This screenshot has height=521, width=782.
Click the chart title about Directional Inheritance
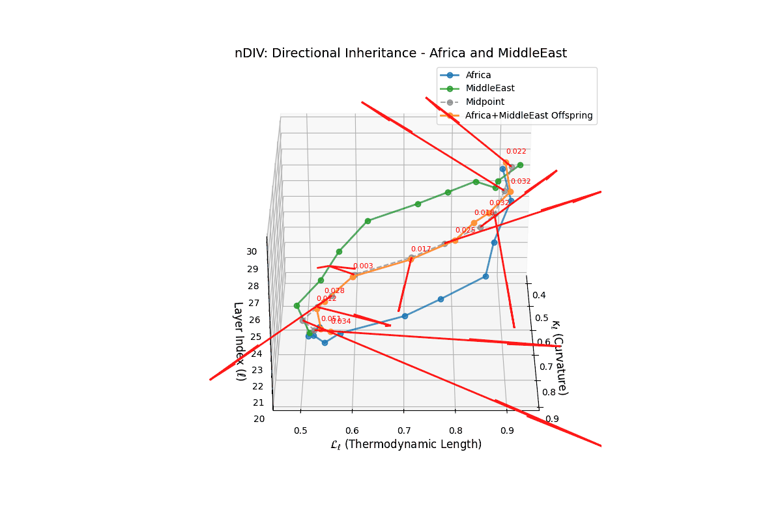(401, 53)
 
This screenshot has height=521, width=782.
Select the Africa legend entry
(478, 75)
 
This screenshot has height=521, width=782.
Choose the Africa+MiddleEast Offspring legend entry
(529, 115)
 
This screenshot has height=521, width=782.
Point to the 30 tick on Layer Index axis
(252, 252)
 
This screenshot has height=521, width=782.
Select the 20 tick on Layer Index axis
(259, 419)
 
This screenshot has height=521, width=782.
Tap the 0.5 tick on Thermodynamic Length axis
(300, 430)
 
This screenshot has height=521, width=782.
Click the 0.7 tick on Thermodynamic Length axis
(403, 430)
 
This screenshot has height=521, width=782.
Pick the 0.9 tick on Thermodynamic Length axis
(506, 430)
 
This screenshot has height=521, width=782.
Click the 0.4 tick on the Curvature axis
(539, 295)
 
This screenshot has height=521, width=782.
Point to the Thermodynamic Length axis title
(406, 445)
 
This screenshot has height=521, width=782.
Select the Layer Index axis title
(239, 341)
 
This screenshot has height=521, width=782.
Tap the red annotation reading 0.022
(516, 152)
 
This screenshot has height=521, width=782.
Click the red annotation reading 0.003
(363, 266)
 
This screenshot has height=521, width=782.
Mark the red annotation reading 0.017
(421, 249)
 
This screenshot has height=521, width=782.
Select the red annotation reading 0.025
(465, 231)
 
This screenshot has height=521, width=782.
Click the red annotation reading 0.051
(331, 319)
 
